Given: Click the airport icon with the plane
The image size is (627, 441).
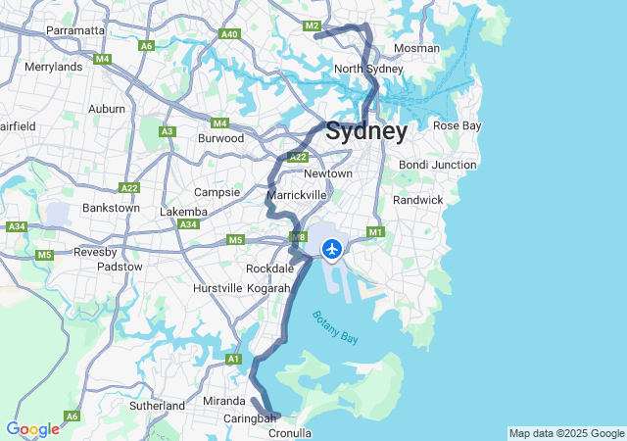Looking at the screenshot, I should [x=332, y=250].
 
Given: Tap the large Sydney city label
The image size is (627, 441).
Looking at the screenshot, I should [x=366, y=131].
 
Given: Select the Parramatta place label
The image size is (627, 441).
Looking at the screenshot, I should [x=75, y=30].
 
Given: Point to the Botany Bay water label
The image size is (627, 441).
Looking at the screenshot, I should [x=335, y=326].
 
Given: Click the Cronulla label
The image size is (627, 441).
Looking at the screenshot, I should [x=290, y=432].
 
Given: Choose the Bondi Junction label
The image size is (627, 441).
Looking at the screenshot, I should [x=438, y=165].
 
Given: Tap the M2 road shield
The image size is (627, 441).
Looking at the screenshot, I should [x=313, y=25].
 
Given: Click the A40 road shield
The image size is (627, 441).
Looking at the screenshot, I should [x=230, y=34].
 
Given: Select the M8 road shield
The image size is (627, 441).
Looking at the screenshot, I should [x=299, y=237].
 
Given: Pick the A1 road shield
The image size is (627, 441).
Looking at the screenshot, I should [x=233, y=360].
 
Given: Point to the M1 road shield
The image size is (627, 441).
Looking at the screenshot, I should [x=374, y=232].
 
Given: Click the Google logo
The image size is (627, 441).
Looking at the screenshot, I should [x=32, y=429].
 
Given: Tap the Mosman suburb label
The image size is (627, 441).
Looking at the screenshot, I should [x=415, y=48].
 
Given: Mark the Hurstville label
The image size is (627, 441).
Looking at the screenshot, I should [x=217, y=288].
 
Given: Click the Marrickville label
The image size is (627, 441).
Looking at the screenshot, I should [x=296, y=195].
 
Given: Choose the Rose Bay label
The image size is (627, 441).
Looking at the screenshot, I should [x=458, y=125].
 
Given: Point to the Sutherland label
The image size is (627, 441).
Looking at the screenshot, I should [x=157, y=405].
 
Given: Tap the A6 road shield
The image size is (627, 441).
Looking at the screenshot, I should [x=147, y=45].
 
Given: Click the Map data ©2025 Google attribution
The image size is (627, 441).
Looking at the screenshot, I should [x=566, y=433].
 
